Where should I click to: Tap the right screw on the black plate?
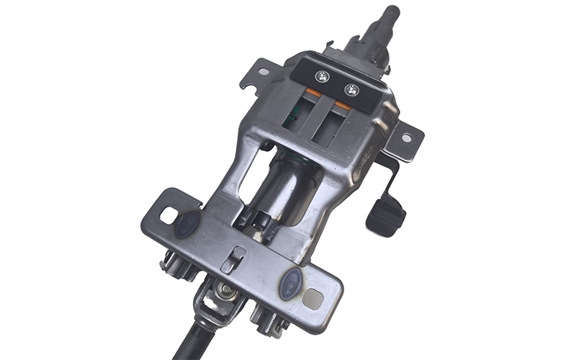pos(351,89)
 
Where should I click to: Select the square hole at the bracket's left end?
pos(168,215)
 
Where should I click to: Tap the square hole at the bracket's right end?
pos(312,297)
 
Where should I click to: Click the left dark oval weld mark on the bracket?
pos(186,222)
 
